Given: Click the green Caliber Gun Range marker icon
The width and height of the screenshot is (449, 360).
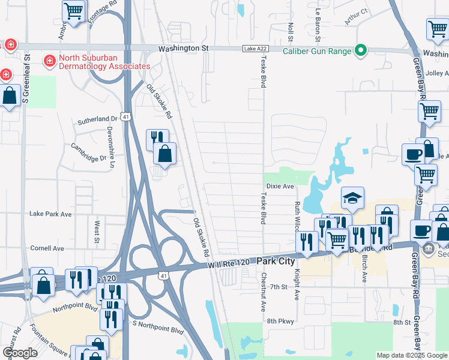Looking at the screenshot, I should coord(361,51).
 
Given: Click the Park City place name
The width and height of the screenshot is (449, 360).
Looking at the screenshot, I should coord(277,262).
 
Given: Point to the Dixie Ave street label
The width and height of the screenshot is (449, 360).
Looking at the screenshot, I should coord(280,187).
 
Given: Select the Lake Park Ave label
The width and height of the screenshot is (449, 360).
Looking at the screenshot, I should coord(50,214).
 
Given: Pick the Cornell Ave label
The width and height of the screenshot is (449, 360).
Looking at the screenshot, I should coord(47,248).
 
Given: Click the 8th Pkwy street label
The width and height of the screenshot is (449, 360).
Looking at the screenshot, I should coord(280,322).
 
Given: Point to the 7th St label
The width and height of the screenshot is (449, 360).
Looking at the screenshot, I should coord(279,287).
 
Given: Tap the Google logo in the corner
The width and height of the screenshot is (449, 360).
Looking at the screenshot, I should coord(20,353).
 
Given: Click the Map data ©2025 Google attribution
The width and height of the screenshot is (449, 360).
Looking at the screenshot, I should coord(411,355).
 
